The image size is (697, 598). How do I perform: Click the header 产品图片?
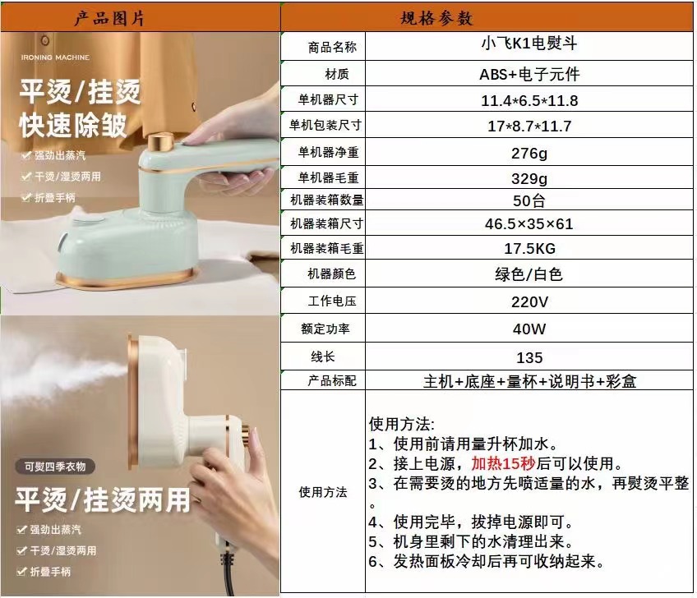109,18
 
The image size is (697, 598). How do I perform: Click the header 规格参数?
436,18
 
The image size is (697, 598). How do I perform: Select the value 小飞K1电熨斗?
529,43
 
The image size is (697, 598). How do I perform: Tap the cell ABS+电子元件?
529,74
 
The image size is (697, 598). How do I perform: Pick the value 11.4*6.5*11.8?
529,100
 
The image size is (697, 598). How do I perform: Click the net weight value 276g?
529,154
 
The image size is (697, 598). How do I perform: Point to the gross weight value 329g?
529,178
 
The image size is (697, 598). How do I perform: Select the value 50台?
529,200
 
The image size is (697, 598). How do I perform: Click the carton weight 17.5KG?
529,248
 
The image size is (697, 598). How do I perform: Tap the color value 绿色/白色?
529,274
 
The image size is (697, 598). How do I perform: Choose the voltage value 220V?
529,302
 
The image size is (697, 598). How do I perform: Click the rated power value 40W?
529,329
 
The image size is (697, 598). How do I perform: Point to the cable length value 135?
529,357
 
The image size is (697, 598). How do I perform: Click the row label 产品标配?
332,381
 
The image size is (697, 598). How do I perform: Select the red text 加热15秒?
503,463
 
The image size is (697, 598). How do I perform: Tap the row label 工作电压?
332,301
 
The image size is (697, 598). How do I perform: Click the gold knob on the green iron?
160,142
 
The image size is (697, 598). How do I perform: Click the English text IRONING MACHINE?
55,57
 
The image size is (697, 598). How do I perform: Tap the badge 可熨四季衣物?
55,467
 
